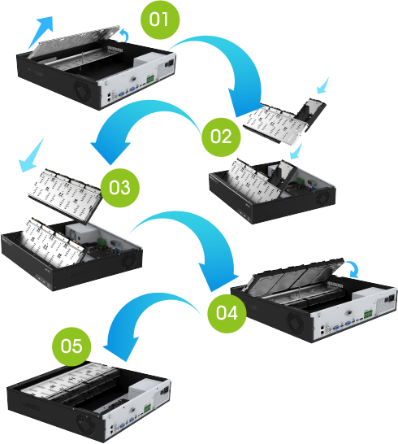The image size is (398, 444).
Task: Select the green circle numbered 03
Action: click(119, 187)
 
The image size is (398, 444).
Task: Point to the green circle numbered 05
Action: click(71, 346)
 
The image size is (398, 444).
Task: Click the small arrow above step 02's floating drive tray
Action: click(324, 84)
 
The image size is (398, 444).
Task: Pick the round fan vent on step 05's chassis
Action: click(84, 421)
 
